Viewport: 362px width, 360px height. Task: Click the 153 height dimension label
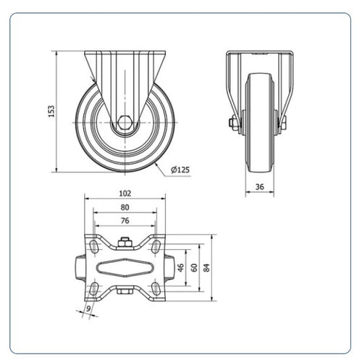click(x=51, y=112)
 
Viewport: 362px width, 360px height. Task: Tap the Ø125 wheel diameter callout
click(x=180, y=169)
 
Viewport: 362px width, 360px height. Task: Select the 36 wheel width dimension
click(x=260, y=187)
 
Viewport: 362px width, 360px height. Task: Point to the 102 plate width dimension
click(x=125, y=193)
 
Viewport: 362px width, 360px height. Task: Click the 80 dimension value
click(x=125, y=207)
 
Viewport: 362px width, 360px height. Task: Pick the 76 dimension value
click(x=125, y=221)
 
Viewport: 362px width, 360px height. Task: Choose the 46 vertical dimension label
click(x=180, y=267)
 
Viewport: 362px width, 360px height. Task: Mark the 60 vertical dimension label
click(x=194, y=267)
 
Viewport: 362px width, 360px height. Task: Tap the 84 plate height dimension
click(x=206, y=267)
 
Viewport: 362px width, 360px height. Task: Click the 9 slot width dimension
click(x=89, y=309)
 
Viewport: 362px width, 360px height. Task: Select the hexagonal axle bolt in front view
click(x=125, y=122)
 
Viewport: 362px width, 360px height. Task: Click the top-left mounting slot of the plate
click(x=94, y=246)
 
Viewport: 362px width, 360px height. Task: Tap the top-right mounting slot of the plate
click(x=156, y=246)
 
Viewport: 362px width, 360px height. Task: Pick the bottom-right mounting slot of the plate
click(x=156, y=288)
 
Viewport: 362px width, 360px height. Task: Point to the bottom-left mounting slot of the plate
click(x=94, y=288)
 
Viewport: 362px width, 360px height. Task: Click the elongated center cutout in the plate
click(x=125, y=267)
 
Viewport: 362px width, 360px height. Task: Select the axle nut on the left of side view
click(x=232, y=123)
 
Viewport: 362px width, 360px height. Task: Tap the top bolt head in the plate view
click(x=125, y=243)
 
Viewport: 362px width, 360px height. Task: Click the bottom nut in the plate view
click(x=125, y=290)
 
